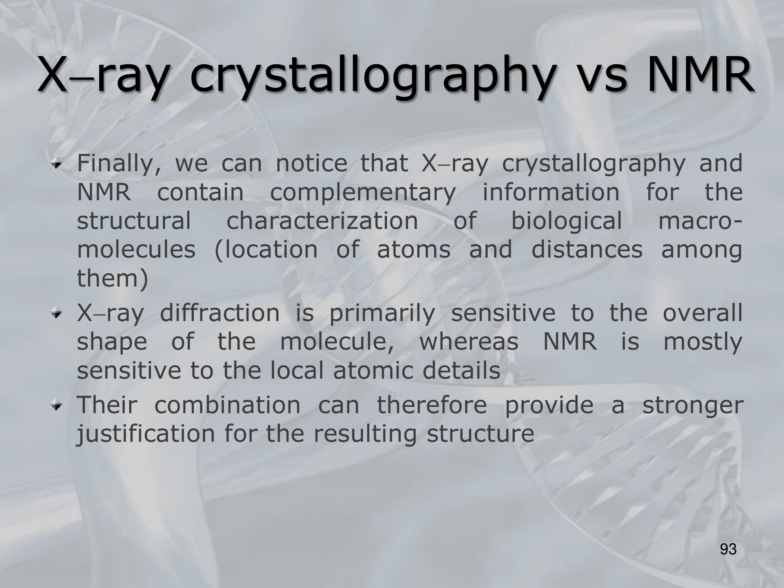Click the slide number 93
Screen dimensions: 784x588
[x=729, y=550]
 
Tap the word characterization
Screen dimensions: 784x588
[x=323, y=221]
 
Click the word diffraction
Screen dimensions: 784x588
[x=220, y=313]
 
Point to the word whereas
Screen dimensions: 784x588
[x=469, y=342]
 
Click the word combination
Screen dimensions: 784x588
[x=227, y=405]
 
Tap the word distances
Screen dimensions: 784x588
[x=587, y=250]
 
